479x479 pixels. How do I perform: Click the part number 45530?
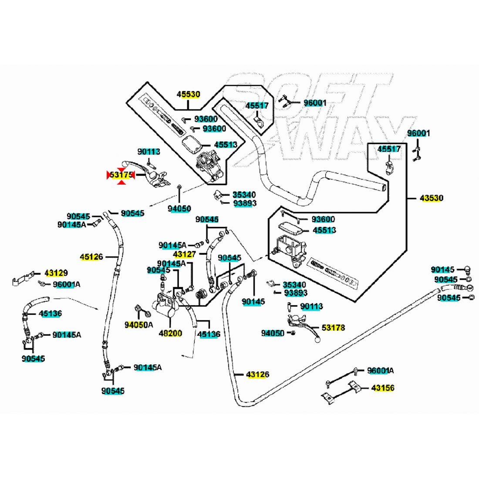188,94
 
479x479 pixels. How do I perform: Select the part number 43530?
431,198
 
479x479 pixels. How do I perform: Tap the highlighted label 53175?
121,175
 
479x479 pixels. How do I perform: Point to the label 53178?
333,327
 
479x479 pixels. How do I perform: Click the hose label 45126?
91,257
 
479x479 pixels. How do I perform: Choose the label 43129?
56,273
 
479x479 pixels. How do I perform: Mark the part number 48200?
171,334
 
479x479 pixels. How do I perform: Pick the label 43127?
184,254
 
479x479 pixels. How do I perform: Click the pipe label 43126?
257,374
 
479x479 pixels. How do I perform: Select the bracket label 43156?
383,388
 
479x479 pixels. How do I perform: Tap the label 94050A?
139,325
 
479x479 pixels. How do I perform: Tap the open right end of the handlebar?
382,188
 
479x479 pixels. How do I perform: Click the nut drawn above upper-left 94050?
179,187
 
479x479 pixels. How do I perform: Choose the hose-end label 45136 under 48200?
209,334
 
